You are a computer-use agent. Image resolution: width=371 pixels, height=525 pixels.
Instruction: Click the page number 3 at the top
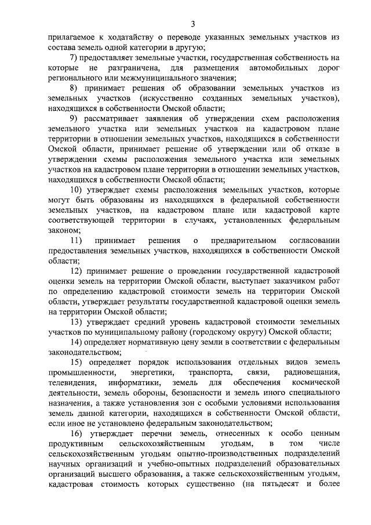coord(193,23)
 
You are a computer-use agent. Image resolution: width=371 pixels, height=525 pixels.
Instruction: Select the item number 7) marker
coord(74,57)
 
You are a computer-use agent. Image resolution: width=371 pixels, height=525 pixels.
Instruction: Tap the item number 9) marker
coord(74,120)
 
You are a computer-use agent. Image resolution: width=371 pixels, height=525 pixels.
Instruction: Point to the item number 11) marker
coord(75,240)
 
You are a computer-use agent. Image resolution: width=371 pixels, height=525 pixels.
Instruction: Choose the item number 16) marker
coord(76,433)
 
